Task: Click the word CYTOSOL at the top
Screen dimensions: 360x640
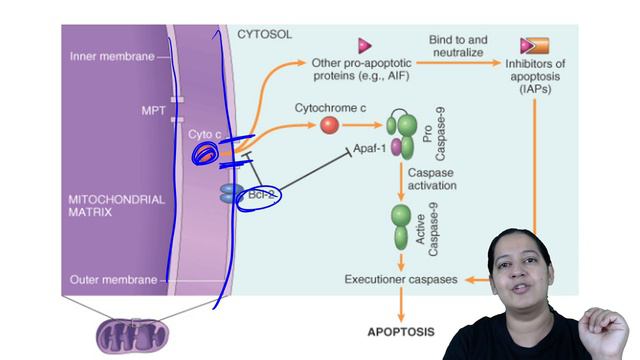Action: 265,34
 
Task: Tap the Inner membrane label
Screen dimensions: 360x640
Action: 112,57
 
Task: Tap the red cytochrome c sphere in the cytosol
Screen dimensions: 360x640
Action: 329,125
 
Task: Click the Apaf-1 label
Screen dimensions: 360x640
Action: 375,150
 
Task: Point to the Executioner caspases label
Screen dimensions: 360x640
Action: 401,280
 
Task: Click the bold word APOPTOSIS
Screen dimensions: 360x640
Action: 398,329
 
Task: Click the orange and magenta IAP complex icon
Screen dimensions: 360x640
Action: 535,45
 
